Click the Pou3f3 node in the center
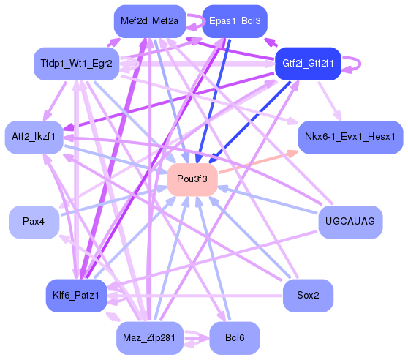coord(193,179)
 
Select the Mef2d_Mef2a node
coord(148,21)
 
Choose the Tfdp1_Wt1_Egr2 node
coord(76,64)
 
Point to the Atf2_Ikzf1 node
coord(34,137)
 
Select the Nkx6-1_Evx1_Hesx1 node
coord(350,137)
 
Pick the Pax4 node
coord(34,222)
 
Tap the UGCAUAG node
coord(350,222)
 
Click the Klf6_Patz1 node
coord(76,295)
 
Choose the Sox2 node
coord(308,295)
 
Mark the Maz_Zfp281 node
coord(148,337)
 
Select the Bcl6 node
coord(234,337)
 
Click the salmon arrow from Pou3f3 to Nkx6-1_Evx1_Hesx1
coord(256,162)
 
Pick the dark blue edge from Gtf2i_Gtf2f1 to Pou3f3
coord(252,116)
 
